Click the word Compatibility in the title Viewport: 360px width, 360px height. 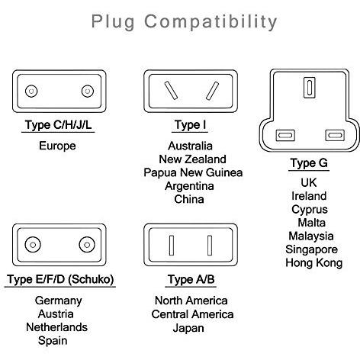[x=211, y=22]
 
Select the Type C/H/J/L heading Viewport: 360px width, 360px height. [x=58, y=125]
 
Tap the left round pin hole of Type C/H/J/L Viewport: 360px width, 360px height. [x=31, y=91]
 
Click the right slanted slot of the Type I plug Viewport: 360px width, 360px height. [x=212, y=91]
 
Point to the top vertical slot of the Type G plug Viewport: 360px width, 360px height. [x=310, y=88]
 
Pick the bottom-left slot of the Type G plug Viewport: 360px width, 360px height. [x=285, y=135]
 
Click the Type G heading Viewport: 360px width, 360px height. [x=309, y=163]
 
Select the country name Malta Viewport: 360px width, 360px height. [x=311, y=223]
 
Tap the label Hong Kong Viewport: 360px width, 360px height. [x=314, y=263]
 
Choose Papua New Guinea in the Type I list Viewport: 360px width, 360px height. [x=193, y=172]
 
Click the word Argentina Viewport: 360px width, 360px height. [x=189, y=186]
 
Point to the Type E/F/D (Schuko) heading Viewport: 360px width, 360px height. [x=60, y=279]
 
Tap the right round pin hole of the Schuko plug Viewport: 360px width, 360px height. [x=87, y=245]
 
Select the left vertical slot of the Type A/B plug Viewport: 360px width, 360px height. [x=172, y=246]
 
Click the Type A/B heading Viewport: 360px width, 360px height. [x=191, y=279]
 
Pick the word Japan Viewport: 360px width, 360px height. [x=188, y=328]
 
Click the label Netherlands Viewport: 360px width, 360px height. [x=56, y=327]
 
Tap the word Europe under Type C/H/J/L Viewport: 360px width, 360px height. [x=57, y=146]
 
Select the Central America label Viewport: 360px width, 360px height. [x=192, y=314]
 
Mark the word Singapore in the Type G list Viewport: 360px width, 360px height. [x=311, y=249]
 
